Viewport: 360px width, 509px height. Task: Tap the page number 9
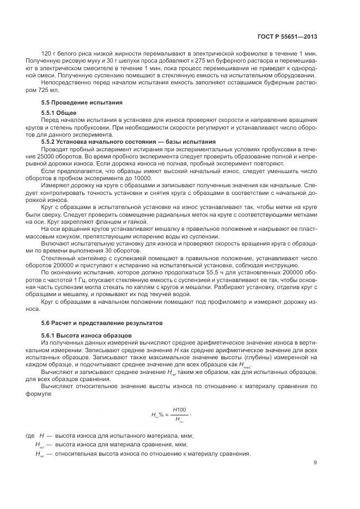point(315,463)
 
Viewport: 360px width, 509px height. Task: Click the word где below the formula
point(30,436)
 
